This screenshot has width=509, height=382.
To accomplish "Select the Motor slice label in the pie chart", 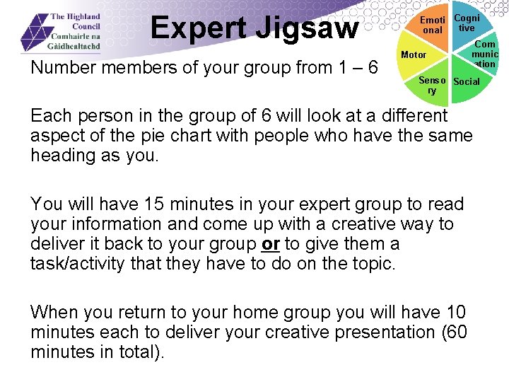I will (414, 54).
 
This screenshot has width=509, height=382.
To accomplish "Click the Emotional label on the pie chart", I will (432, 25).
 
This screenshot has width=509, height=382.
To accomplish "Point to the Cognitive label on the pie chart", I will (467, 23).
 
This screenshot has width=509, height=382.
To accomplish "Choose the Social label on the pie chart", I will (466, 81).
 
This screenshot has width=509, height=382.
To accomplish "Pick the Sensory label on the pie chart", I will (432, 86).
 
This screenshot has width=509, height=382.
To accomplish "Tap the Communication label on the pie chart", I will (485, 54).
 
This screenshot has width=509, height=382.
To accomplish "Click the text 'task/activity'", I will (76, 264).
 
